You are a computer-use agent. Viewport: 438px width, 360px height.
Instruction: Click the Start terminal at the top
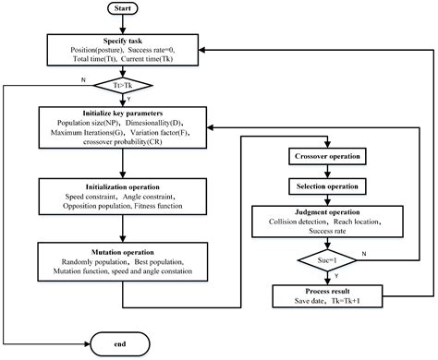pyautogui.click(x=125, y=10)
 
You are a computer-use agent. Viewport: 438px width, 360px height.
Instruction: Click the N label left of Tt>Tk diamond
pyautogui.click(x=85, y=79)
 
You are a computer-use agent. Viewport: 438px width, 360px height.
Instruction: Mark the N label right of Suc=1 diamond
pyautogui.click(x=362, y=253)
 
